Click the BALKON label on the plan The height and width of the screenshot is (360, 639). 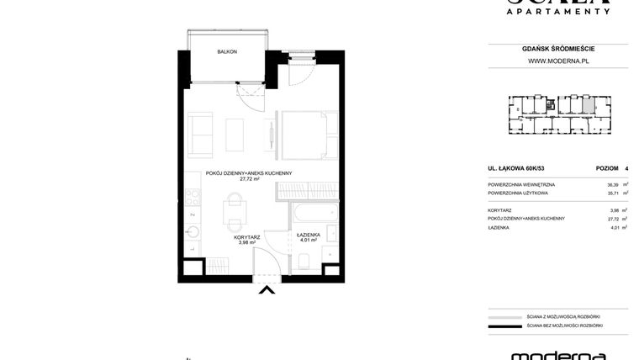click(227, 52)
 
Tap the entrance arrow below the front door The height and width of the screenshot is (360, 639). click(267, 292)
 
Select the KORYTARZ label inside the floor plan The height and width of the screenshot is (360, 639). click(246, 236)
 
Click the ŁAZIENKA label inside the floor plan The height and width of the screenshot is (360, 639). click(308, 235)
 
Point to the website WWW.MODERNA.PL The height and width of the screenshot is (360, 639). click(557, 61)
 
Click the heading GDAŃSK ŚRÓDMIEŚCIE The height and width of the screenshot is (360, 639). click(557, 49)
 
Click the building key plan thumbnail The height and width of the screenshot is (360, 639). click(557, 115)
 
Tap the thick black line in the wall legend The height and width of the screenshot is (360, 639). click(504, 326)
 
